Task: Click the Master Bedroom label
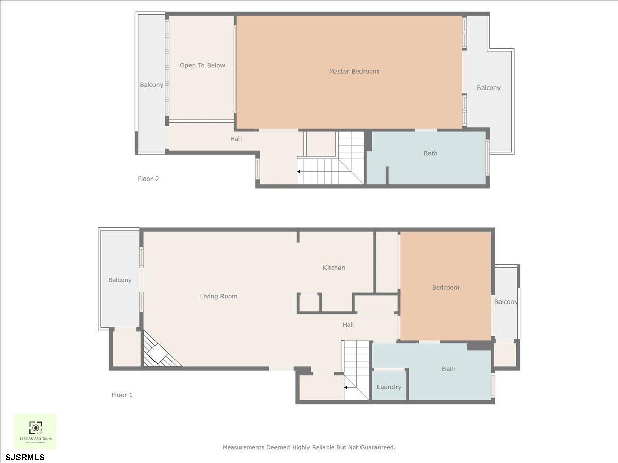[354, 72]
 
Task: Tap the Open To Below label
[202, 65]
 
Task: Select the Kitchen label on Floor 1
[334, 268]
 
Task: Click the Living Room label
[219, 296]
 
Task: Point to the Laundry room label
[389, 387]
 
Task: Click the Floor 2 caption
[148, 179]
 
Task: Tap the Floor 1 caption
[123, 395]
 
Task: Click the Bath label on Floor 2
[431, 153]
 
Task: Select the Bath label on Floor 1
[449, 369]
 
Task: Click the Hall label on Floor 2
[236, 139]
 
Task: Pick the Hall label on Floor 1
[348, 325]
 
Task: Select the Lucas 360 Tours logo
[35, 431]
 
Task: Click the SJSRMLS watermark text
[25, 457]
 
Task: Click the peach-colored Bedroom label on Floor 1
[445, 287]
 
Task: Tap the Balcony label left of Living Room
[120, 280]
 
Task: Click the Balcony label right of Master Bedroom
[489, 88]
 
